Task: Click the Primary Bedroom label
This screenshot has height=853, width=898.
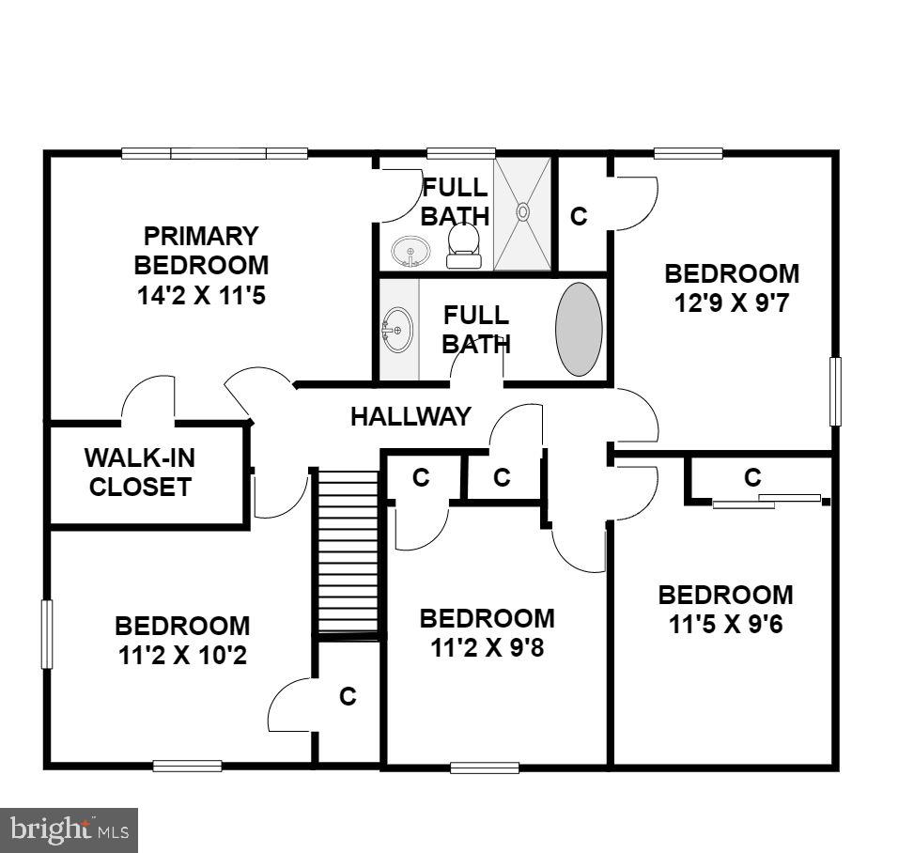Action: click(x=201, y=250)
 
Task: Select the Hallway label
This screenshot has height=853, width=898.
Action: click(x=410, y=416)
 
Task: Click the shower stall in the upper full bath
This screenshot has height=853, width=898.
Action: click(x=523, y=214)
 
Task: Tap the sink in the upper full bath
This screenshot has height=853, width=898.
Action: click(x=410, y=252)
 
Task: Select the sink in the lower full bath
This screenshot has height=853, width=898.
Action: click(x=397, y=330)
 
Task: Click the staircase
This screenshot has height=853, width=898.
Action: click(x=347, y=551)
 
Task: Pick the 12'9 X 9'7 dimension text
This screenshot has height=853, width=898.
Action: click(x=732, y=303)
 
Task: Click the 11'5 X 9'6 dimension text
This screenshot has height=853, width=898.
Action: click(x=725, y=625)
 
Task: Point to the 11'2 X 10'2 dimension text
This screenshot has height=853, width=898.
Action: click(x=182, y=655)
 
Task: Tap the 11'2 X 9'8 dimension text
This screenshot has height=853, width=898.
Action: click(x=487, y=647)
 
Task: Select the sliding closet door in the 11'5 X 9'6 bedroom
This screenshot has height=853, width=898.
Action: click(x=766, y=501)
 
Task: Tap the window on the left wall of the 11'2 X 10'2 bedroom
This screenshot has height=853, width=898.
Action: click(x=47, y=635)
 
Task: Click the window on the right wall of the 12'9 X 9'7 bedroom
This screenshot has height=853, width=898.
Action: click(x=835, y=391)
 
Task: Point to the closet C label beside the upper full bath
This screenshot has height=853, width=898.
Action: click(x=579, y=216)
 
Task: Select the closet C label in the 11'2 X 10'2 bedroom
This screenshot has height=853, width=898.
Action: click(x=348, y=697)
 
